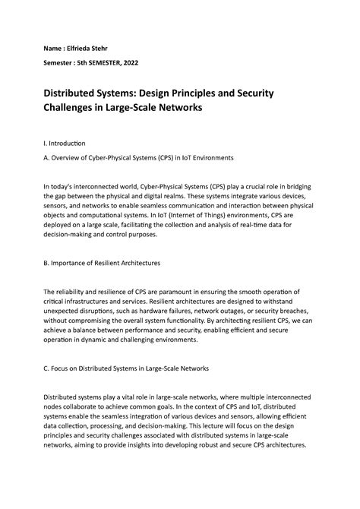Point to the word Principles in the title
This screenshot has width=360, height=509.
pyautogui.click(x=191, y=93)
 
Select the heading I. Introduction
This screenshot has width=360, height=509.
pyautogui.click(x=65, y=143)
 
